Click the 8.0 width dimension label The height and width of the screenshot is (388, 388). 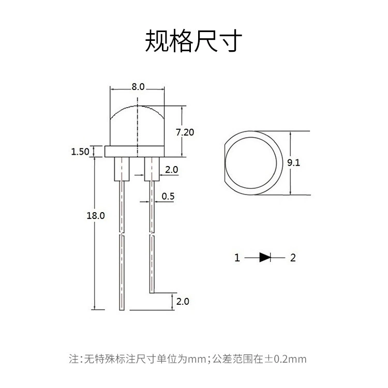[138, 87]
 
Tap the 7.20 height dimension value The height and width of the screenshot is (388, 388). [185, 132]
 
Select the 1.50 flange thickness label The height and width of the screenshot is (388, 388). [80, 152]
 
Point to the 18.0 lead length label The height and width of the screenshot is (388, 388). [96, 216]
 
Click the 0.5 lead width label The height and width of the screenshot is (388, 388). [168, 196]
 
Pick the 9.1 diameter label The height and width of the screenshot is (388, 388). [293, 162]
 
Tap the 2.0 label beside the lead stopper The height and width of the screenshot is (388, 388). [171, 170]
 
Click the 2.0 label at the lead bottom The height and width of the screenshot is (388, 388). [183, 302]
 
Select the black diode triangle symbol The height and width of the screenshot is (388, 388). [264, 257]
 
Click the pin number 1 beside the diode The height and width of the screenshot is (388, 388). [237, 258]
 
